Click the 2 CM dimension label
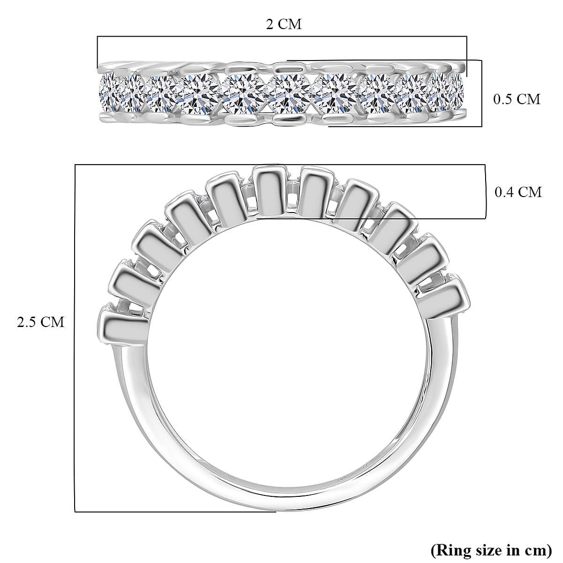(x=283, y=23)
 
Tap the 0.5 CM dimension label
(x=517, y=99)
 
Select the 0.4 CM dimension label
(x=518, y=192)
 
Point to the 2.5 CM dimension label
(x=40, y=322)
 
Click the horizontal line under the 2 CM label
(x=281, y=36)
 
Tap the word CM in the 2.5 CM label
(x=53, y=322)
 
